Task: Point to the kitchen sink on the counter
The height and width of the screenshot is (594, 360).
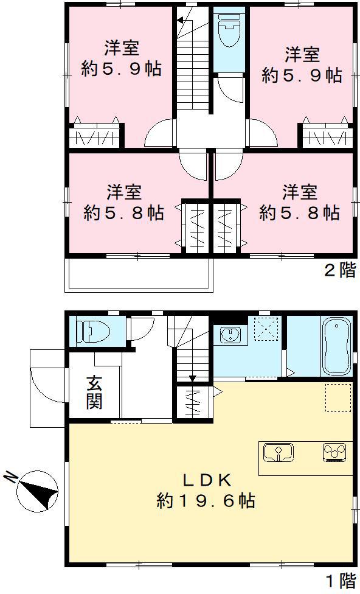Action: tap(279, 453)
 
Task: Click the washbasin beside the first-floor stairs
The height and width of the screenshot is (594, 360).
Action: tap(229, 335)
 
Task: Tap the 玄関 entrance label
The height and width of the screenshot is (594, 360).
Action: tap(93, 393)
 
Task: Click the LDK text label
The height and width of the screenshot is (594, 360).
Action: tap(206, 480)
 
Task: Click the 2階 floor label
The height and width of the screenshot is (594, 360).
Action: tap(338, 271)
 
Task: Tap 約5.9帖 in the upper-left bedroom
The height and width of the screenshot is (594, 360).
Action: tap(121, 69)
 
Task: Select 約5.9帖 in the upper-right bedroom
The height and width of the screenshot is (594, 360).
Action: tap(302, 75)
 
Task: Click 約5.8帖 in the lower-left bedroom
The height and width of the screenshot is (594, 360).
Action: tap(123, 213)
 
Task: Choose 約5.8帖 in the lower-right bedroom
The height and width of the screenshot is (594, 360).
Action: tap(299, 213)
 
